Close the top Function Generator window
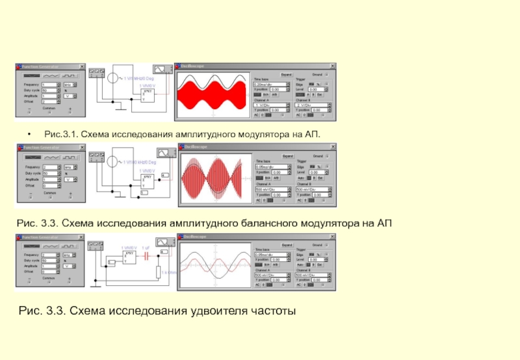82,66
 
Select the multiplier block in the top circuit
147,95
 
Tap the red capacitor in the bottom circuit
147,255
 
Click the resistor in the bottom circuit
157,272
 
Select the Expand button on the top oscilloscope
286,75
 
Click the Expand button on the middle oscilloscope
286,156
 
